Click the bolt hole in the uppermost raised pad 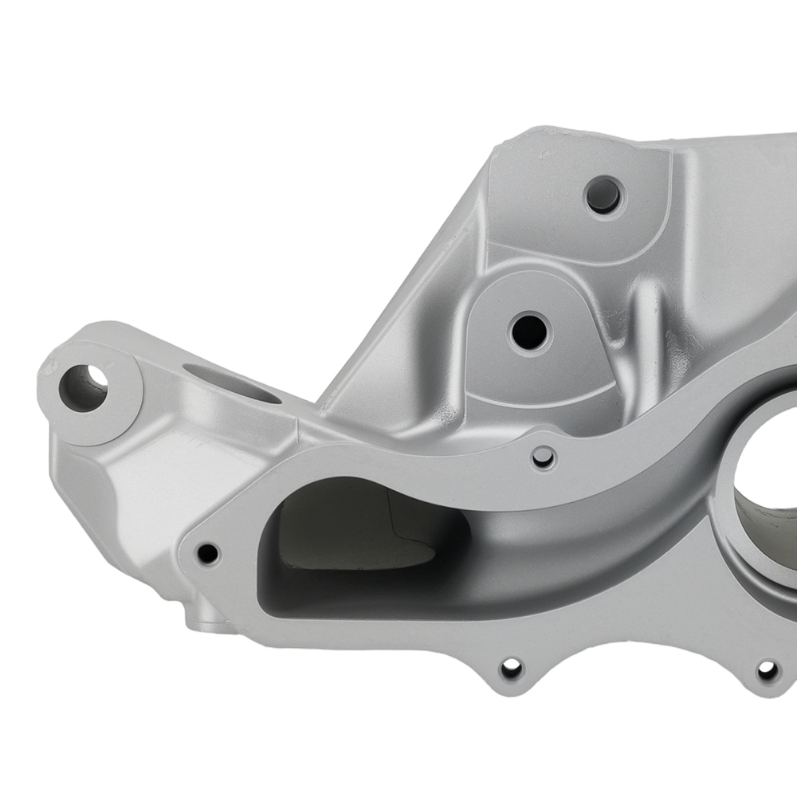(x=603, y=194)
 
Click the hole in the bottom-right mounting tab (x=767, y=670)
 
